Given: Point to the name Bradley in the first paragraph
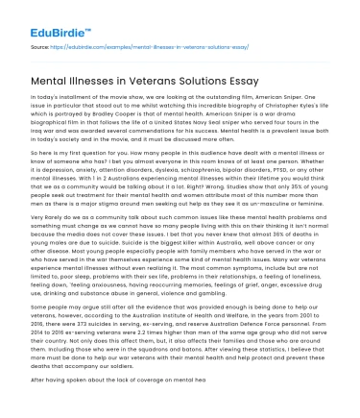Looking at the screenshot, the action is click(114, 114).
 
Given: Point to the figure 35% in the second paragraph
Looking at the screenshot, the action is click(288, 183).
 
